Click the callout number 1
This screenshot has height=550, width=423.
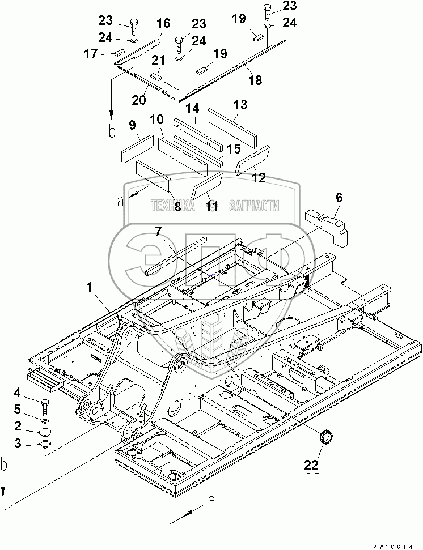[x=89, y=288]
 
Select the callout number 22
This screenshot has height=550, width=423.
[x=311, y=465]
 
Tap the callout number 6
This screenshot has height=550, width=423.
[x=339, y=198]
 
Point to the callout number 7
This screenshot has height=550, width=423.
[x=158, y=231]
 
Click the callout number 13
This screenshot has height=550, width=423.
[x=240, y=105]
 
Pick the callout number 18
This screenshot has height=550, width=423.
[x=255, y=80]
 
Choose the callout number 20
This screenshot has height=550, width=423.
[x=139, y=100]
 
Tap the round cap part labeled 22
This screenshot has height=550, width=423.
[x=326, y=438]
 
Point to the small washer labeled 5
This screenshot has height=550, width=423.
[x=45, y=420]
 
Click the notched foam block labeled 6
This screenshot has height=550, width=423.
[x=327, y=227]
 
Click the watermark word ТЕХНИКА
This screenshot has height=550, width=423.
[x=172, y=206]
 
